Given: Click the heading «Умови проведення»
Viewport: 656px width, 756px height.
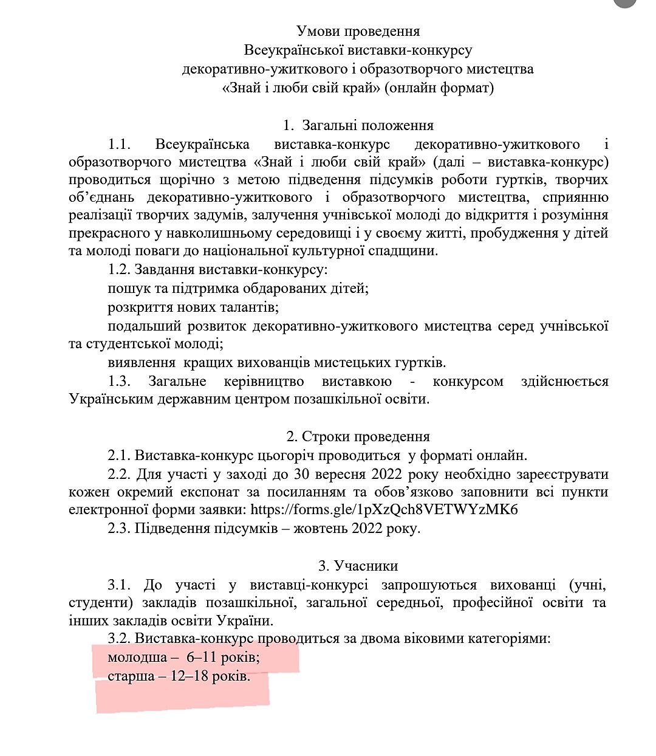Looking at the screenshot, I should [x=358, y=31].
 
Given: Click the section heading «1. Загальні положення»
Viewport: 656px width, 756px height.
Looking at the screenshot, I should [x=358, y=126].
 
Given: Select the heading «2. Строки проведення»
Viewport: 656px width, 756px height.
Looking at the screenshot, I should [x=358, y=437].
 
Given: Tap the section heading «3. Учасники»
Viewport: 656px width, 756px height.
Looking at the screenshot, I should [x=358, y=566].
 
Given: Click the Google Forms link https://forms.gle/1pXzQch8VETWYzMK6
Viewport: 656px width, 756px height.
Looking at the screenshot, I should [x=384, y=510].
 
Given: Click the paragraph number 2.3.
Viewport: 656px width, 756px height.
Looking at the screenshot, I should [x=119, y=528].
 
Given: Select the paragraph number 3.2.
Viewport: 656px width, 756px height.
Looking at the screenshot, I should [x=119, y=639].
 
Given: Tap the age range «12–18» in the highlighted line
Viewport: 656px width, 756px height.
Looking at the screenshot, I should [x=190, y=676].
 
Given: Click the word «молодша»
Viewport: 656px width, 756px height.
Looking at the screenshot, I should [x=137, y=658].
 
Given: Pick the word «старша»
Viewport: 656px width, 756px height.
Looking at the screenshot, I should [x=131, y=676].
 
